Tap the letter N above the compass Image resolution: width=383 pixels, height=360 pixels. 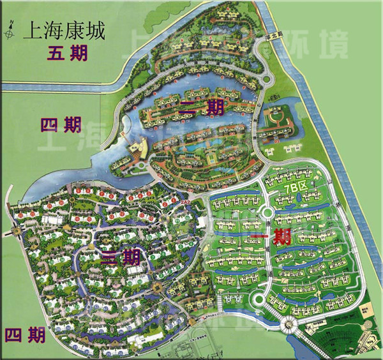pos(11,21)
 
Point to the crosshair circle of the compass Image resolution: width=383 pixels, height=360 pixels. pos(11,29)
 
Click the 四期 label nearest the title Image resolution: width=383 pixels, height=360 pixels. pos(61,124)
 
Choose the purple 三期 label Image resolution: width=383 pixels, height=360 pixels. pos(121,257)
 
